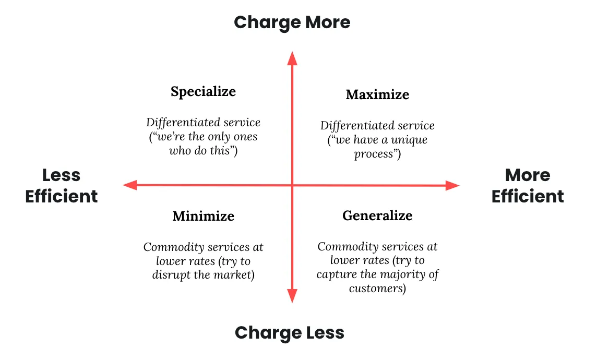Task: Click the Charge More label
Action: [x=292, y=22]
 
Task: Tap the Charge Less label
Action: [x=290, y=332]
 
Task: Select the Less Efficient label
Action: [x=62, y=186]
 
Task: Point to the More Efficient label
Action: [x=528, y=186]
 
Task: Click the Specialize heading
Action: [x=203, y=91]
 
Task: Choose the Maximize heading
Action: [x=377, y=94]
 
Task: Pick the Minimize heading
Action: [x=203, y=215]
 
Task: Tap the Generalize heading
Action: [x=377, y=215]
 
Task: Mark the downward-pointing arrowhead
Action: [x=292, y=296]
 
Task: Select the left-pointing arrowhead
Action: [x=129, y=185]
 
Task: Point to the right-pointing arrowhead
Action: [x=452, y=185]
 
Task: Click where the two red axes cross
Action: [x=292, y=185]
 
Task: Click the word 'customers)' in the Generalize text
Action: [x=377, y=288]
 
